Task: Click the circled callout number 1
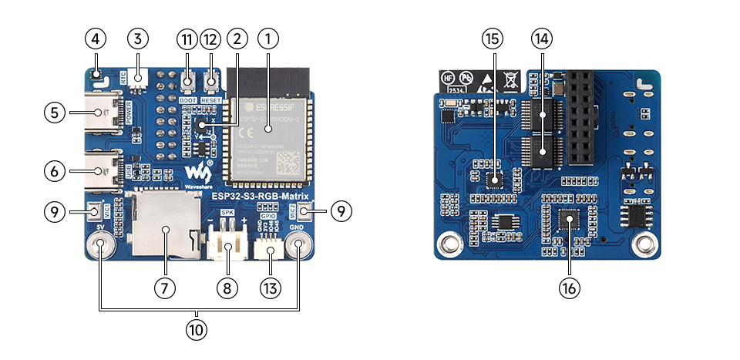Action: (268, 37)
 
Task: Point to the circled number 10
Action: (197, 329)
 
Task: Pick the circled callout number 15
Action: (492, 37)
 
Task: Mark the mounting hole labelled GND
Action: (298, 246)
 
